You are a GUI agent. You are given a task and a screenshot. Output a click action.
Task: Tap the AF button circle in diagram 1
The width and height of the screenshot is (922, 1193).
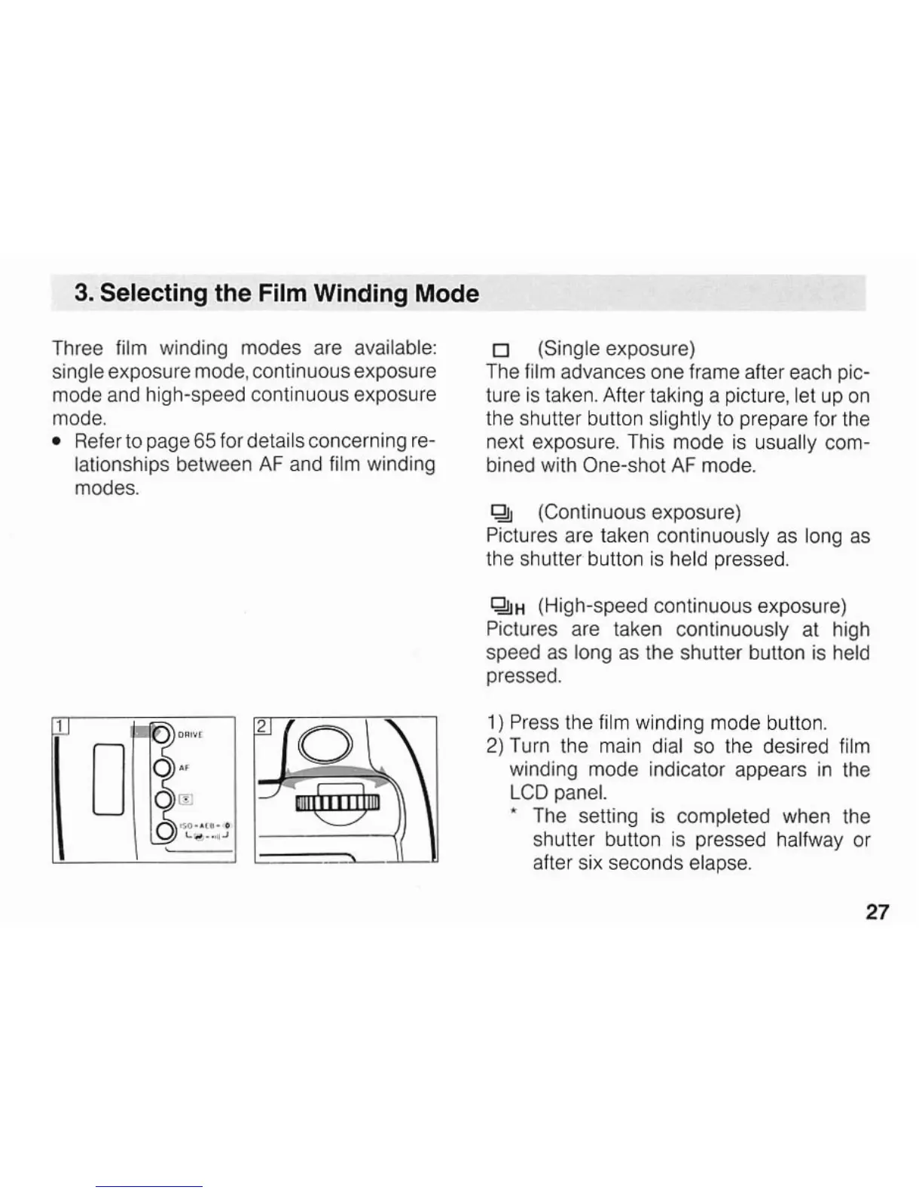tap(162, 767)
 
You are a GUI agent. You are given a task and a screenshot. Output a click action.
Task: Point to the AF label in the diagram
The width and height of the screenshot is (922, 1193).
tap(184, 767)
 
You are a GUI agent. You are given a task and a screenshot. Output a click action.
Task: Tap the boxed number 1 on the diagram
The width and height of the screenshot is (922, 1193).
tap(60, 726)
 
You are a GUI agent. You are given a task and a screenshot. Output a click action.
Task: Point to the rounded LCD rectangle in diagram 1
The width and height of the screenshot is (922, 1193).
tap(108, 780)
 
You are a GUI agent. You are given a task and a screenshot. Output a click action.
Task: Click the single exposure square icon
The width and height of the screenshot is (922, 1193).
tap(497, 350)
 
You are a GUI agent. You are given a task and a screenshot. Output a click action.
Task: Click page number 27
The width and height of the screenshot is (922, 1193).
tap(877, 912)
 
